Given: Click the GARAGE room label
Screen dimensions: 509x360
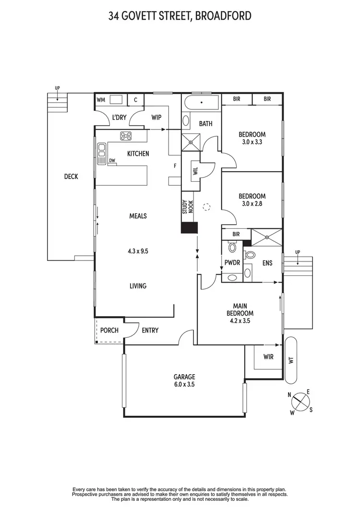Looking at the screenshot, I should [184, 377].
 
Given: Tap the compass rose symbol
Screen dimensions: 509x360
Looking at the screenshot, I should [300, 401].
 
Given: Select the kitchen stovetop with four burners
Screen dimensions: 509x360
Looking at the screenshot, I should [126, 136].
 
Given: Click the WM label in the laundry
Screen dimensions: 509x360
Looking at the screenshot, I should [101, 100].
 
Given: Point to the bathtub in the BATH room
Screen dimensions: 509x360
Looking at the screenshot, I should [201, 102].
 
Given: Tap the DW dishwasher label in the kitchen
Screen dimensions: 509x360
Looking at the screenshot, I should [112, 161].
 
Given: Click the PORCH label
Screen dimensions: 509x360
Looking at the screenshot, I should [109, 330].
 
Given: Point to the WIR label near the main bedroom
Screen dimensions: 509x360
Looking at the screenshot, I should [269, 357].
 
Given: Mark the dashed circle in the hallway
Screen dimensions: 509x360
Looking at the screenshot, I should [206, 207].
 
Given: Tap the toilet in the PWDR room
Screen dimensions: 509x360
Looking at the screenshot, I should [232, 248].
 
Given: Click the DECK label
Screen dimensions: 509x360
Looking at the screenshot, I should [71, 177].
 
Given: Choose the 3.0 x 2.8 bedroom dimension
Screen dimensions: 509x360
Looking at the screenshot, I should [252, 203].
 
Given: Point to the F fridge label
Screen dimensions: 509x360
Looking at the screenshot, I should [175, 166].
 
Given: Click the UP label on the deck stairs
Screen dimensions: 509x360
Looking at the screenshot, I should [57, 88].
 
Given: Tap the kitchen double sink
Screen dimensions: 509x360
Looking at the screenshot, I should [101, 154].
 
